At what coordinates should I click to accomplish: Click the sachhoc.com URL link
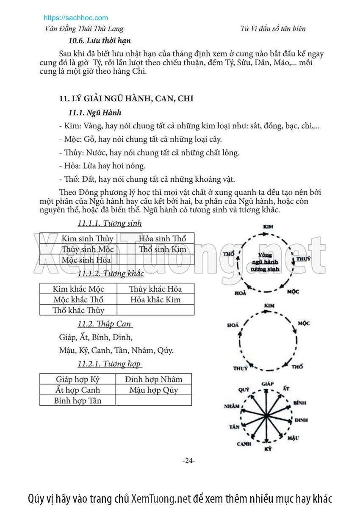[x=76, y=18]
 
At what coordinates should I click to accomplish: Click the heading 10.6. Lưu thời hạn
[x=100, y=41]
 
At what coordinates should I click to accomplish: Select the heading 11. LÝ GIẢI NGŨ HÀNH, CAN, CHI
[x=126, y=99]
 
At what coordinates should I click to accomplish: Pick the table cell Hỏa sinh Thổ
[x=162, y=238]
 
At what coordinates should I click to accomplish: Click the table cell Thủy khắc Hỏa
[x=155, y=289]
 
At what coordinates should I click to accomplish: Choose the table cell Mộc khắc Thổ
[x=78, y=299]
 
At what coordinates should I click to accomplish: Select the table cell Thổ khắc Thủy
[x=78, y=310]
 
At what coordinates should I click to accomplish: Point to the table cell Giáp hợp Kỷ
[x=78, y=379]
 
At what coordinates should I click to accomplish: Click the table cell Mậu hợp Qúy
[x=154, y=390]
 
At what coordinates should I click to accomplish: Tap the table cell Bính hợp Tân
[x=78, y=400]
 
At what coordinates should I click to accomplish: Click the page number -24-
[x=188, y=461]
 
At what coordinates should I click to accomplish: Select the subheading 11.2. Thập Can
[x=105, y=324]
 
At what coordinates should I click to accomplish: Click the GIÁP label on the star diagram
[x=268, y=384]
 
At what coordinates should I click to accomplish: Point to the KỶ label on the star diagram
[x=268, y=448]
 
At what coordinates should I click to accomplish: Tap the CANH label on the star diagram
[x=244, y=444]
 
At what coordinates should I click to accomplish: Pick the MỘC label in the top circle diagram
[x=293, y=292]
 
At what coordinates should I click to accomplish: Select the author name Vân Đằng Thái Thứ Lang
[x=84, y=29]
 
